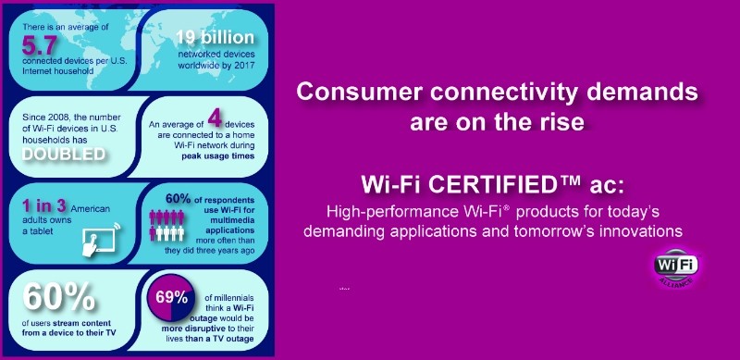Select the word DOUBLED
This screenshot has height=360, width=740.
63,154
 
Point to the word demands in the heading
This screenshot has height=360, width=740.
619,93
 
